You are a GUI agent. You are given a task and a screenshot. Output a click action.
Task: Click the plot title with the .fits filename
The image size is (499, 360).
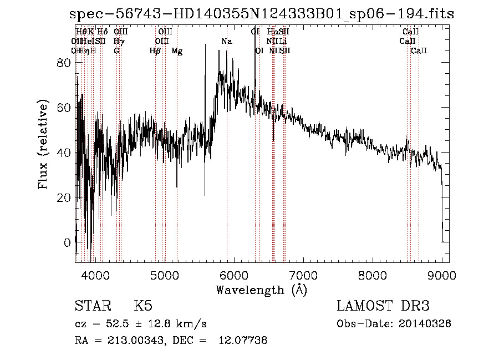coord(261,14)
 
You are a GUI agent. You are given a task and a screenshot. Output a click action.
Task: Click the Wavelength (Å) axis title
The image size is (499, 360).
coord(261,290)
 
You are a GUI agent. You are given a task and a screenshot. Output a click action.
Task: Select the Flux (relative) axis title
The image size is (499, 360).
coord(44,145)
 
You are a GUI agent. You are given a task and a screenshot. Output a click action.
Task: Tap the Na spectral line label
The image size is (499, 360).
coord(226,42)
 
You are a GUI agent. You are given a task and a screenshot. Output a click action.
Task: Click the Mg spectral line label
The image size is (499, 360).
coord(177,51)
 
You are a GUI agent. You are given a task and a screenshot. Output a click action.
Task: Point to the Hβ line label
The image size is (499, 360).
coord(155,51)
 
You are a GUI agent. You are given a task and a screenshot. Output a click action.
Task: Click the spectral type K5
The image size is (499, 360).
coord(143,306)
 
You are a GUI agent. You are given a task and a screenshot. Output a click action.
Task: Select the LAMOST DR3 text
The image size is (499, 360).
coord(383,306)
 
